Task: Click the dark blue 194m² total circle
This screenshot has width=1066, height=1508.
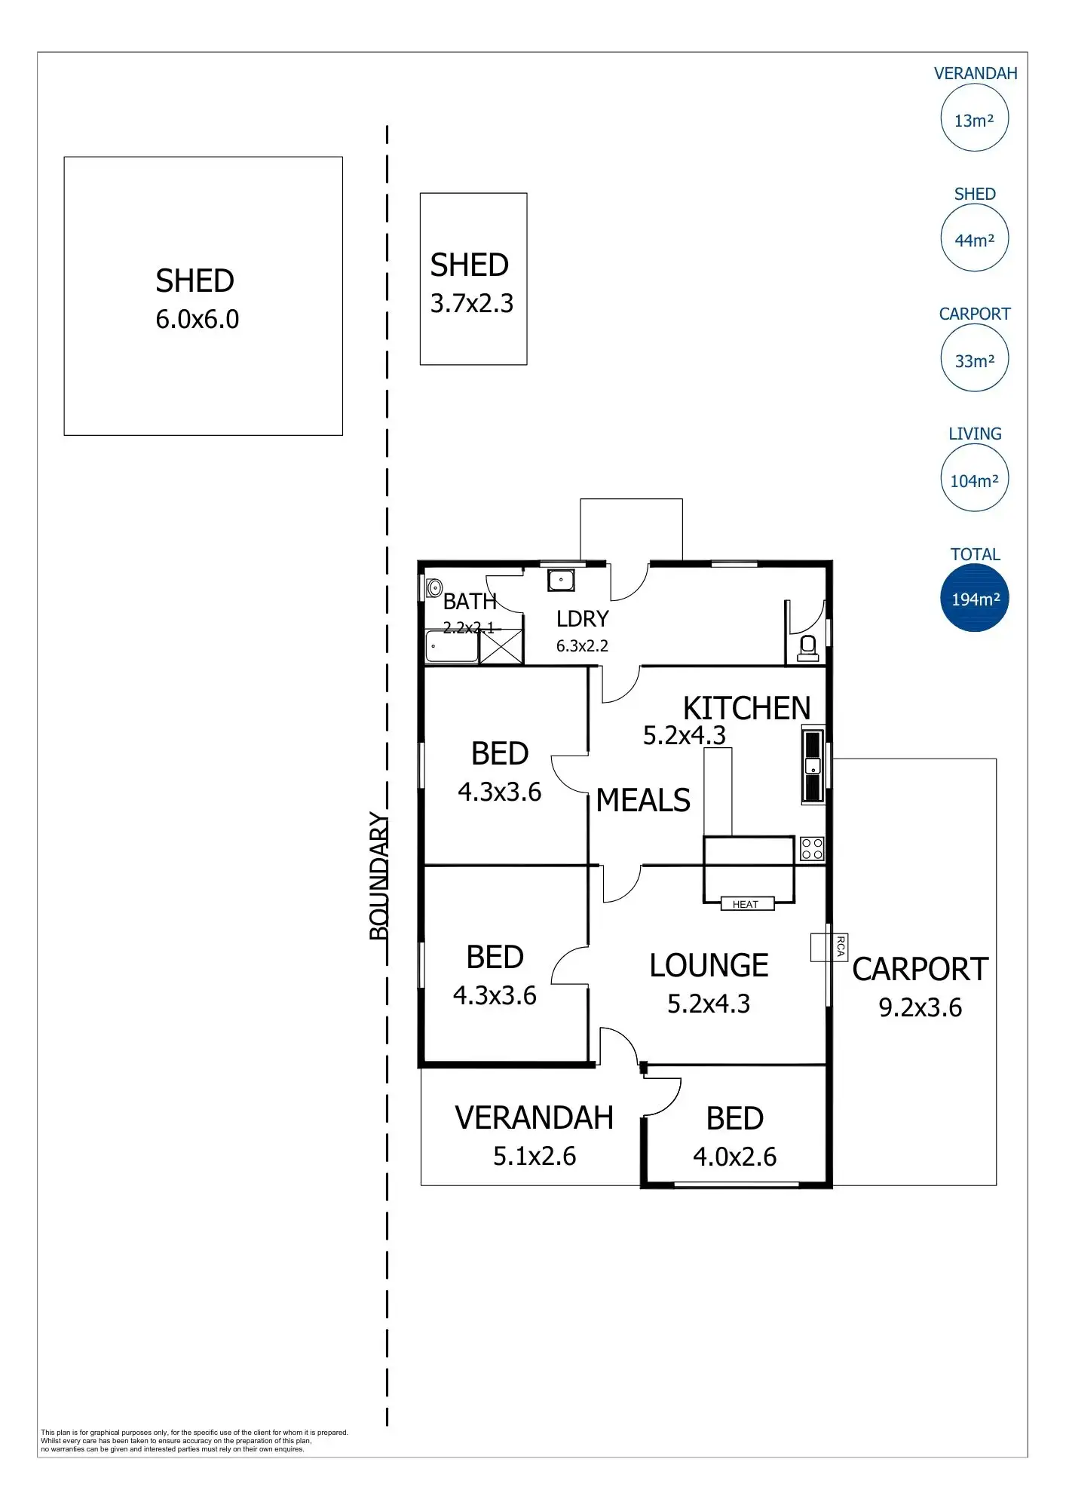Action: pyautogui.click(x=974, y=599)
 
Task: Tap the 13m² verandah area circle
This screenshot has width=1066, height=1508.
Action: pyautogui.click(x=974, y=119)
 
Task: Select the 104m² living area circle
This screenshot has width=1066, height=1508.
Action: pyautogui.click(x=974, y=480)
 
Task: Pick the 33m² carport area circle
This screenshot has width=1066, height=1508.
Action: pyautogui.click(x=974, y=360)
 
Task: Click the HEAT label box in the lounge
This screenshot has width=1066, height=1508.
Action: pyautogui.click(x=746, y=904)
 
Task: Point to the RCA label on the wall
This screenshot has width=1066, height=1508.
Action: pyautogui.click(x=841, y=946)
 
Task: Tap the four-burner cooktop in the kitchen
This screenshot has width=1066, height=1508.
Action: pyautogui.click(x=812, y=849)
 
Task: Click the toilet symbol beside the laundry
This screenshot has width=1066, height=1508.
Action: pyautogui.click(x=807, y=648)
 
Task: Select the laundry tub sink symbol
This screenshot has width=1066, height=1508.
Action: pyautogui.click(x=561, y=580)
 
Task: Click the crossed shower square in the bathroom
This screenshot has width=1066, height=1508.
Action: pyautogui.click(x=501, y=646)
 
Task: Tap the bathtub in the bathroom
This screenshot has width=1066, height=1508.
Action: pyautogui.click(x=452, y=647)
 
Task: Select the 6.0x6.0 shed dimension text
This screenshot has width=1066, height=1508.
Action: pyautogui.click(x=198, y=320)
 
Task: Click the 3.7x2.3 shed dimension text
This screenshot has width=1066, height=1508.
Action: pyautogui.click(x=472, y=303)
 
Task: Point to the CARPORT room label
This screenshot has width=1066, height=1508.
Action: pyautogui.click(x=920, y=970)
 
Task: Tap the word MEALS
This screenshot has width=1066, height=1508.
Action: pyautogui.click(x=643, y=800)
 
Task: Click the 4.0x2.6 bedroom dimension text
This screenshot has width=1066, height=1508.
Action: pyautogui.click(x=734, y=1157)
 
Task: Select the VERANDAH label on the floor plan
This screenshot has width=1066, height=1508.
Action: pyautogui.click(x=534, y=1117)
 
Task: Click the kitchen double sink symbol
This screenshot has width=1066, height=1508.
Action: pyautogui.click(x=813, y=765)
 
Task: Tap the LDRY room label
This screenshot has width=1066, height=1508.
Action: pyautogui.click(x=582, y=619)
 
